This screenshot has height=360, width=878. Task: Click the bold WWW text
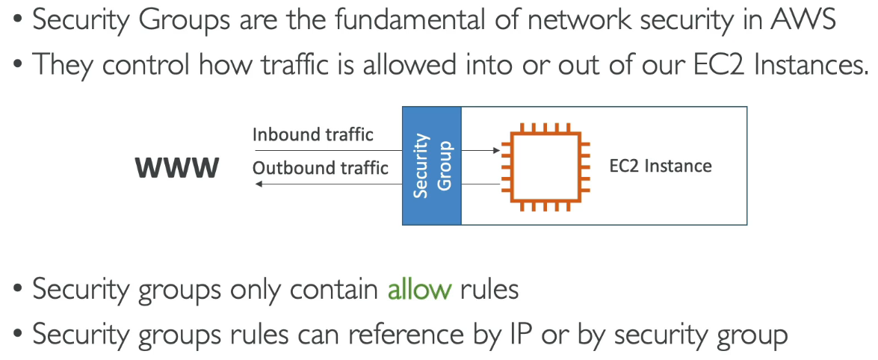(176, 168)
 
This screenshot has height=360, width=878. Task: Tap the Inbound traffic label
(312, 134)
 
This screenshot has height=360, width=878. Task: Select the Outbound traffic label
(320, 168)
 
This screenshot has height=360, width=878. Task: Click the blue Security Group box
(432, 166)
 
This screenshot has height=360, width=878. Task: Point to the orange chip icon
(542, 166)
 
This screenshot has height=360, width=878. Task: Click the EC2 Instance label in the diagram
(661, 166)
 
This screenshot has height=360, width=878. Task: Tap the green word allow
(419, 289)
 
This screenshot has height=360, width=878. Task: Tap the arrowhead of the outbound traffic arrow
(259, 184)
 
